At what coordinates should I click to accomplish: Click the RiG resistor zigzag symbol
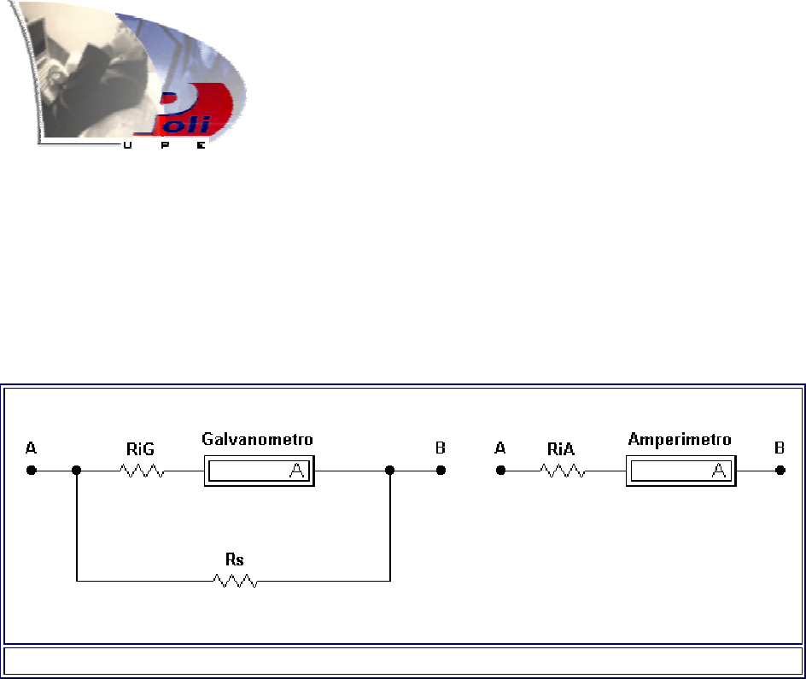pos(143,471)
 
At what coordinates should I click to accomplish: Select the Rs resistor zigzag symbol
pos(235,581)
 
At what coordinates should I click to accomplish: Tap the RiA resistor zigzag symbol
pos(562,471)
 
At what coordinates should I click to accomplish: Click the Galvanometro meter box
pos(259,471)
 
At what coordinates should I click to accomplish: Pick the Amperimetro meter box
pos(681,471)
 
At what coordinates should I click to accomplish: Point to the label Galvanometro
pos(257,440)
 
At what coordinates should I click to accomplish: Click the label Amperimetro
pos(680,440)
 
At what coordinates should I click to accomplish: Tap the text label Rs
pos(234,559)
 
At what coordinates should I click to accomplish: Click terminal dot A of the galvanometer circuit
pos(32,470)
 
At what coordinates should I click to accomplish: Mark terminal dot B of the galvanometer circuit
pos(441,470)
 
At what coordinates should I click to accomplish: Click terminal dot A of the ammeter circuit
pos(501,470)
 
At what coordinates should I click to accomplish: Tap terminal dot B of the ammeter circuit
pos(780,470)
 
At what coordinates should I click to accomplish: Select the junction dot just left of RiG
pos(77,470)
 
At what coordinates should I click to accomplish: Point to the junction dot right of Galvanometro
pos(390,470)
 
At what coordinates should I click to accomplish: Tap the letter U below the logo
pos(128,146)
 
